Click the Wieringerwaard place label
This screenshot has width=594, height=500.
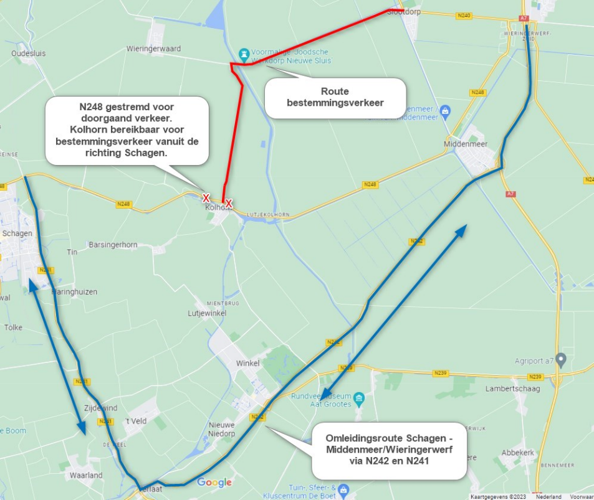click(x=153, y=48)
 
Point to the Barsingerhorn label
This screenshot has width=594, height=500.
click(x=113, y=245)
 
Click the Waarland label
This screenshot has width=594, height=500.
click(x=86, y=475)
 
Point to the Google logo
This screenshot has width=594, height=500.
click(x=214, y=482)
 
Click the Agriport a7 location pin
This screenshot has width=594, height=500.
click(x=560, y=360)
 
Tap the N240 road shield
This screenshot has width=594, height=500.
click(x=463, y=15)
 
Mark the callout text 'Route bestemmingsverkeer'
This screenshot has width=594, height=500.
click(x=335, y=97)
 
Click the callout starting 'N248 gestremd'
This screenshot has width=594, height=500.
click(x=127, y=130)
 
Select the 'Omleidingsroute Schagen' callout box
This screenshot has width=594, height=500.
click(x=388, y=450)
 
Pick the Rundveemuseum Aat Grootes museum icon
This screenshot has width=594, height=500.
click(x=359, y=397)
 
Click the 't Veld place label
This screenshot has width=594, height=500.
click(x=135, y=422)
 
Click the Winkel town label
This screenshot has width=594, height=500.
click(x=247, y=364)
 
